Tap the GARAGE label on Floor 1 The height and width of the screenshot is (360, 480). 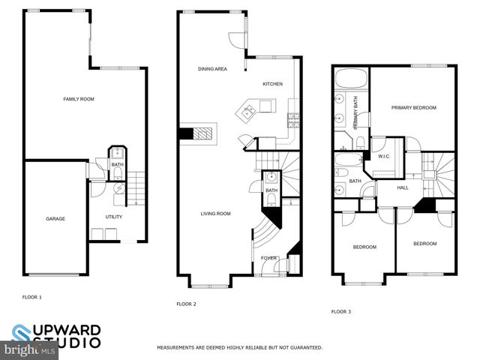click(x=55, y=219)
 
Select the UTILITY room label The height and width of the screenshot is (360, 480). click(x=114, y=217)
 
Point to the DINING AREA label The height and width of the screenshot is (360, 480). click(x=212, y=69)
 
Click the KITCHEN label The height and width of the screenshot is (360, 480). click(x=272, y=84)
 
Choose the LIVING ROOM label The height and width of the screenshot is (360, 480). click(x=215, y=214)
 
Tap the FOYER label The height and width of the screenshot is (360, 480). click(x=268, y=258)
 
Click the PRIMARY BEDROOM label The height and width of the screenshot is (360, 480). click(x=413, y=108)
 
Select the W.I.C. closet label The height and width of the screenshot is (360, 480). click(x=384, y=156)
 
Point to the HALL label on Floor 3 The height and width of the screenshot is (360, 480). click(x=403, y=187)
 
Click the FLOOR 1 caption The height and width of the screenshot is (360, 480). click(x=31, y=297)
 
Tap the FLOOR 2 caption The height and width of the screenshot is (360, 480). click(x=186, y=304)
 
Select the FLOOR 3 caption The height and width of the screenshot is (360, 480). click(x=341, y=311)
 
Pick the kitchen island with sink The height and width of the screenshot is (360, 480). click(x=249, y=113)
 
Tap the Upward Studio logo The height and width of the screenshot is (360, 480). click(x=56, y=335)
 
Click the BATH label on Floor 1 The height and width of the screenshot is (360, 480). click(x=117, y=164)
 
